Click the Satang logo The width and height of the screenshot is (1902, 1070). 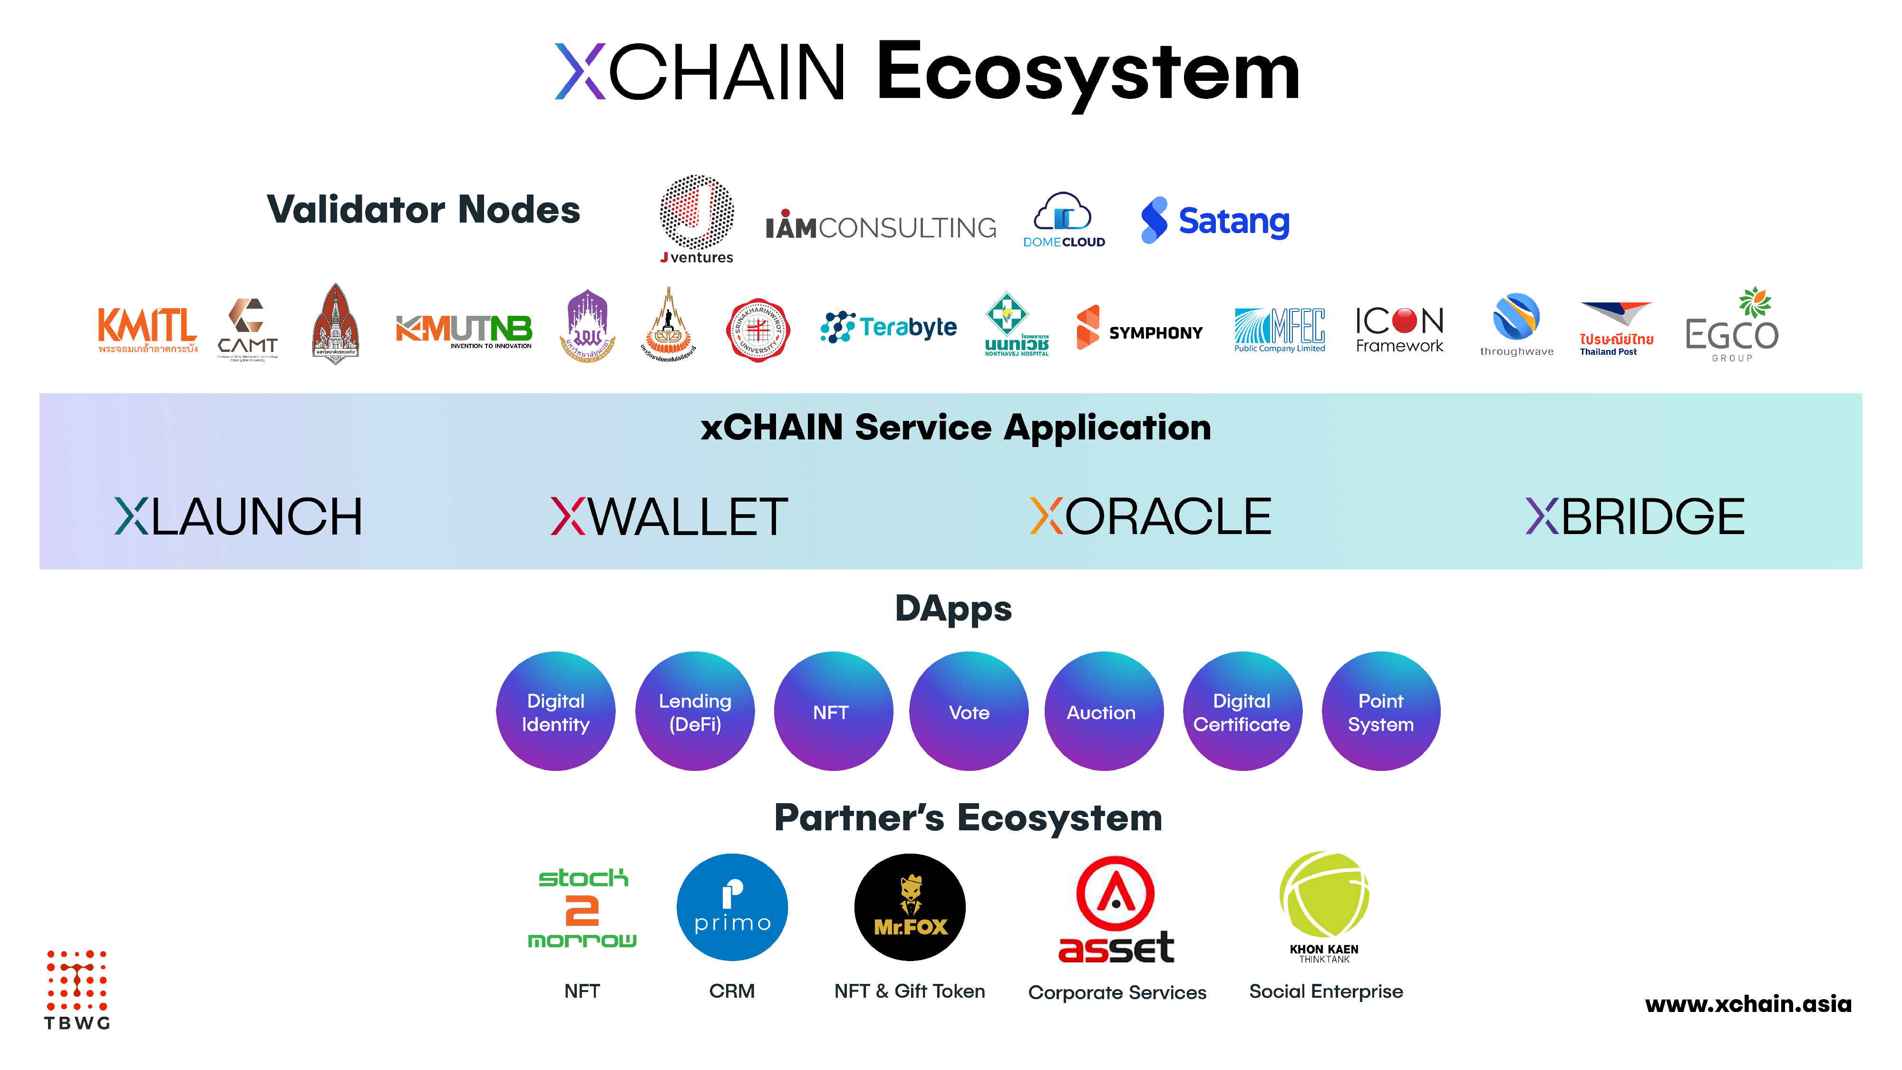point(1215,220)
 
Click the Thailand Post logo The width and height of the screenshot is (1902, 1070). point(1616,329)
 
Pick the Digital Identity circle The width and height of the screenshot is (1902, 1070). point(555,711)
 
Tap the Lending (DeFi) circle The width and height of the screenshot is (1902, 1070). point(695,711)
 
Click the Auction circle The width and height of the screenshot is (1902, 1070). point(1103,711)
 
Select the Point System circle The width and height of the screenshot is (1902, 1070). point(1381,711)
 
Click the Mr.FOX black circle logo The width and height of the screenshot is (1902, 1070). point(910,907)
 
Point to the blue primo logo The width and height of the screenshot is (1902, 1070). point(732,907)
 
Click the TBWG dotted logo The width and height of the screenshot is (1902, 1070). point(77,990)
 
